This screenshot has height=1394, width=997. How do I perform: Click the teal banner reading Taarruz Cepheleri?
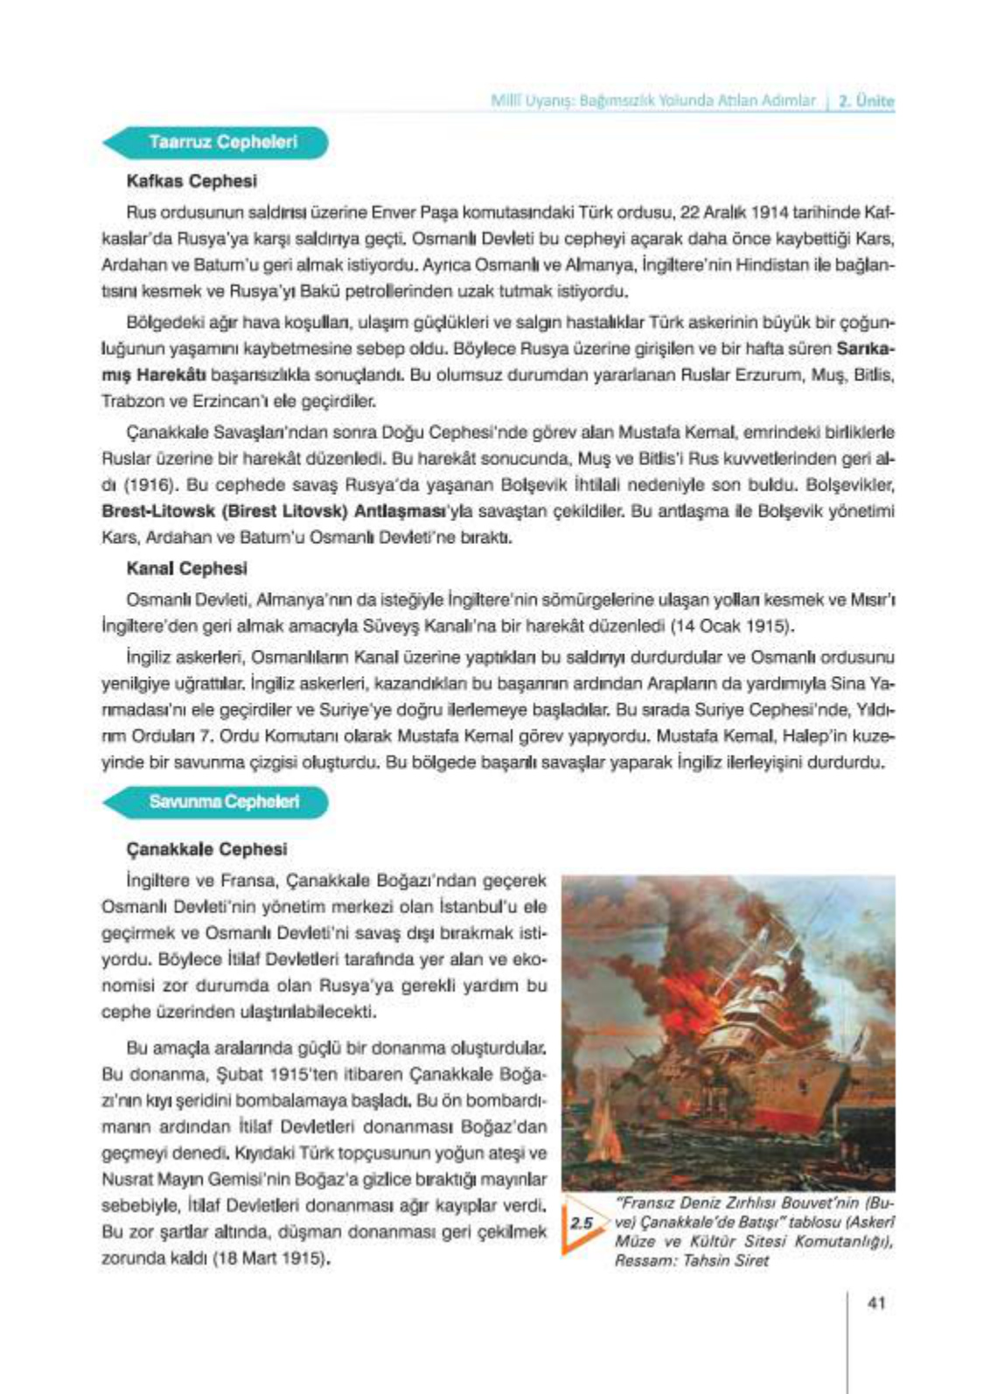coord(222,142)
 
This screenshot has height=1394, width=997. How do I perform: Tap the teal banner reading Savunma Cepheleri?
coord(223,801)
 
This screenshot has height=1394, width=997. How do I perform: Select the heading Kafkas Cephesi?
coord(192,182)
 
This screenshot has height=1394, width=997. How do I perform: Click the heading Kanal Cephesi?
coord(186,568)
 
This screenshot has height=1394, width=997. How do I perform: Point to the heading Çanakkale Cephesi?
coord(206,849)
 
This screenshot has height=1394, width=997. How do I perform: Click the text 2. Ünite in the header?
coord(866,101)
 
